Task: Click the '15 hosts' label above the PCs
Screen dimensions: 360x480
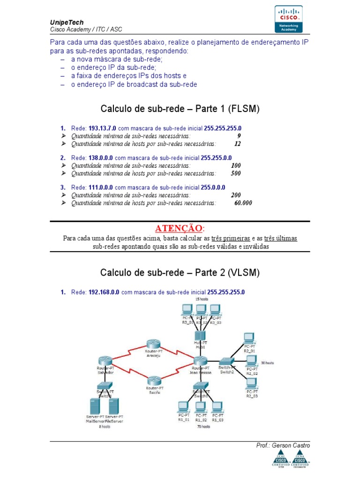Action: tap(202, 299)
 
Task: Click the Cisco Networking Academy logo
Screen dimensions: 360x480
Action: tap(288, 19)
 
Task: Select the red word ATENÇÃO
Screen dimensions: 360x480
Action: tap(180, 228)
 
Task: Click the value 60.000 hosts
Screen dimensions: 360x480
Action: tap(243, 203)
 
